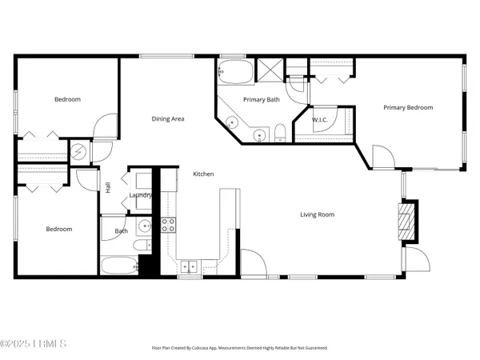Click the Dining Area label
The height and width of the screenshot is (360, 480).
click(168, 119)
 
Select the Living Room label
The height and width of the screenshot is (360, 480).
click(317, 214)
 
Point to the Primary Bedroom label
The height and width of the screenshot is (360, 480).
click(407, 108)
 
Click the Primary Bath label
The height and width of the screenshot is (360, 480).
click(261, 100)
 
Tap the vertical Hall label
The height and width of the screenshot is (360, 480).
click(108, 188)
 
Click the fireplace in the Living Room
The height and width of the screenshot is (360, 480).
click(407, 218)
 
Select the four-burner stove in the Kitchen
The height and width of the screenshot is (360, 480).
click(169, 225)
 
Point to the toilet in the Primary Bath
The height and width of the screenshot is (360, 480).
click(281, 133)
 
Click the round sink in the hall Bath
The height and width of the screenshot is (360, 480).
click(143, 226)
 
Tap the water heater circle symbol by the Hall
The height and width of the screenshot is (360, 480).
click(79, 151)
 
